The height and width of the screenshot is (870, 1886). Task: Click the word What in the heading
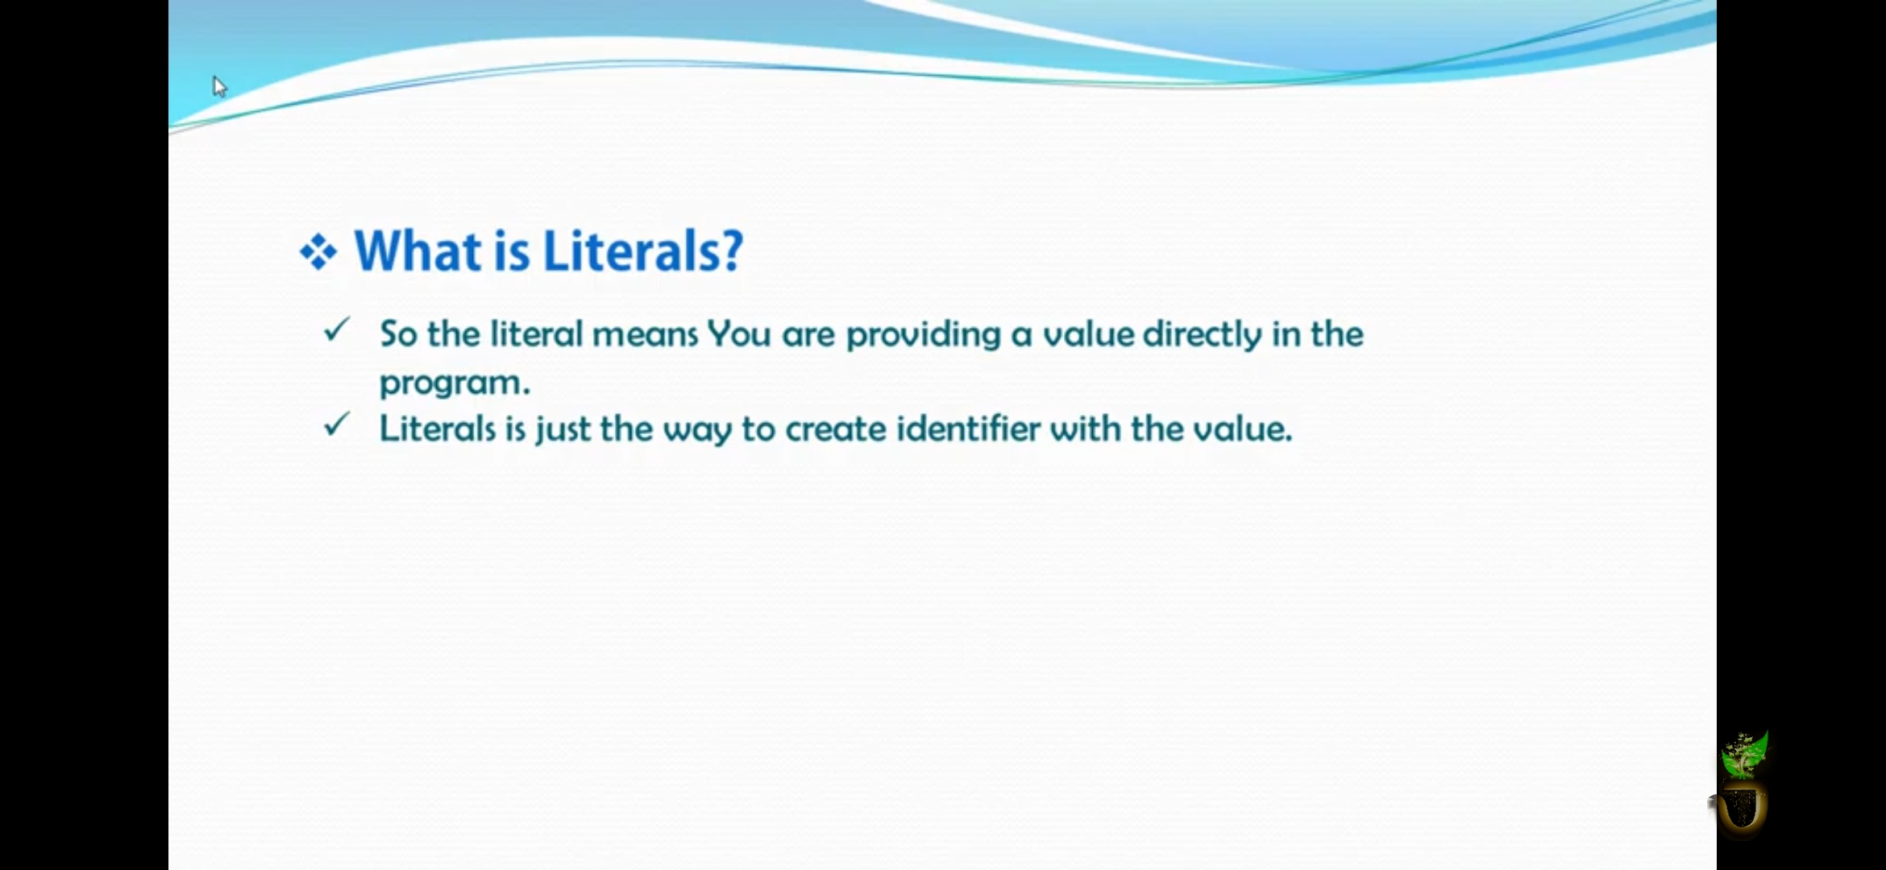pos(417,251)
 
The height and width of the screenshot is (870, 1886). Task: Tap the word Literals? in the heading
pos(642,251)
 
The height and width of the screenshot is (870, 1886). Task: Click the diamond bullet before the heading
pos(318,252)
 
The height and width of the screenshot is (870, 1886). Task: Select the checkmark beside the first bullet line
pos(337,329)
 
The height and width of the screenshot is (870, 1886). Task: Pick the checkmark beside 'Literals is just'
pos(337,424)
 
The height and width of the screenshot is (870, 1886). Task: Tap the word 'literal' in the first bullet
pos(536,333)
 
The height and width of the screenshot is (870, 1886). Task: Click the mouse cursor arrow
pos(219,86)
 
